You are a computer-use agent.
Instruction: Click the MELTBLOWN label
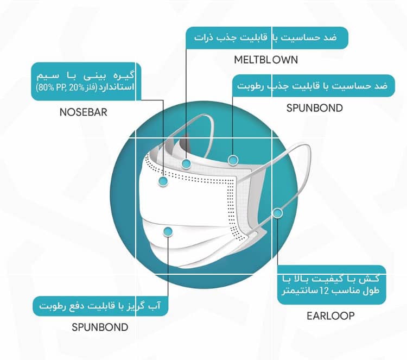(x=266, y=60)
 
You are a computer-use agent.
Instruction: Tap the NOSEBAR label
(x=84, y=112)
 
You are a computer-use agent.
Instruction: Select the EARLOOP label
(x=330, y=316)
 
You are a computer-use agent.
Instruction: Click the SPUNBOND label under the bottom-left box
(x=100, y=327)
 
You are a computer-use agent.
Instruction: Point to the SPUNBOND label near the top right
(x=315, y=108)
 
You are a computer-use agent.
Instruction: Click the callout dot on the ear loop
(x=277, y=213)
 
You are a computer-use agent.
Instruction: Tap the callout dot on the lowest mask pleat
(x=168, y=231)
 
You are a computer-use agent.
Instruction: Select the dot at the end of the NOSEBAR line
(x=163, y=181)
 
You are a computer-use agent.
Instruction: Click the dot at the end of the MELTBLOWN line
(x=186, y=163)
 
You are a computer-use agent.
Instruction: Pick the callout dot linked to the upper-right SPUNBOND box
(x=233, y=160)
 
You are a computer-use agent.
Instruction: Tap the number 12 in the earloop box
(x=325, y=290)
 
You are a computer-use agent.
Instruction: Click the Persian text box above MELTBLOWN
(x=267, y=38)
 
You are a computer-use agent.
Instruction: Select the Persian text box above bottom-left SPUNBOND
(x=100, y=306)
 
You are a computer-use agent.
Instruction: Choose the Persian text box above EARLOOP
(x=332, y=285)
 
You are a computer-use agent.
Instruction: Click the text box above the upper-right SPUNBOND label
(x=314, y=86)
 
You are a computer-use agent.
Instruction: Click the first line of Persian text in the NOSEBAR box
(x=85, y=75)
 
